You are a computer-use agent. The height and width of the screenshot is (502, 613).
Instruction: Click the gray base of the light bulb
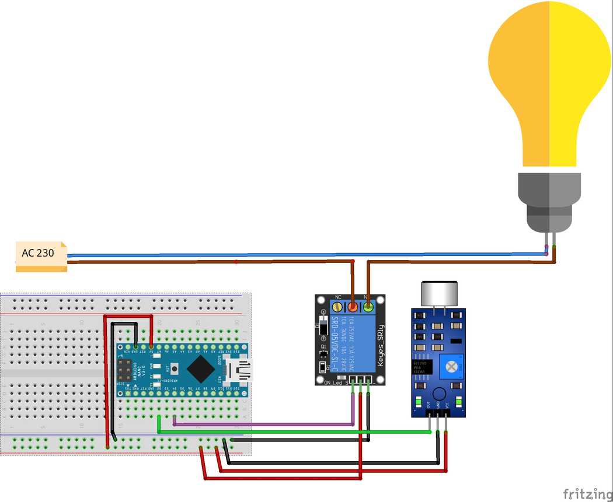[549, 201]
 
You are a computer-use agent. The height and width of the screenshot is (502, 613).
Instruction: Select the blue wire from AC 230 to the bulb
[292, 255]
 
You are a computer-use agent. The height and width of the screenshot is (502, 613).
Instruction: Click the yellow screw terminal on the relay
[337, 306]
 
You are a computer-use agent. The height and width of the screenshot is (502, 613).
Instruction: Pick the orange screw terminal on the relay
[353, 306]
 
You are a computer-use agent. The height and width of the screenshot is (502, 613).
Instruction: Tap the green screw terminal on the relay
[368, 306]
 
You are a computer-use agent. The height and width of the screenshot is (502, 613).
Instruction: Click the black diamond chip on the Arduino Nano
[201, 367]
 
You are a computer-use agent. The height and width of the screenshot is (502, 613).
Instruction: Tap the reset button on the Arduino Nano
[174, 368]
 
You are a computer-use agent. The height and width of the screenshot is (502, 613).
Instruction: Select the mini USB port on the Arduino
[239, 368]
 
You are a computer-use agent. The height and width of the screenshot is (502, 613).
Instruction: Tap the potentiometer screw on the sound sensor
[451, 366]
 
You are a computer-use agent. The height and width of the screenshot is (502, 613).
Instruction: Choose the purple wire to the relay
[263, 424]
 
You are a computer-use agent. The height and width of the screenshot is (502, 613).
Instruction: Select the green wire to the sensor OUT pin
[292, 432]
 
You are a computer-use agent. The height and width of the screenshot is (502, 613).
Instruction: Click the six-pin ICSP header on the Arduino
[124, 369]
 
